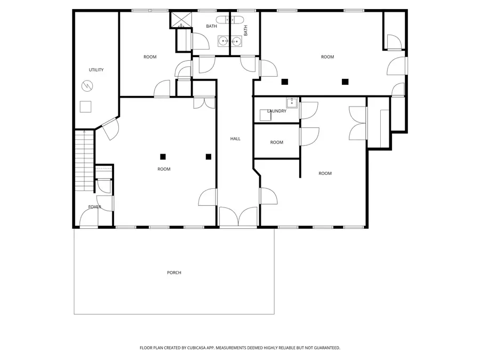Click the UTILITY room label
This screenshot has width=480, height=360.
(96, 70)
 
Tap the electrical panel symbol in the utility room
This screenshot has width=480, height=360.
(86, 85)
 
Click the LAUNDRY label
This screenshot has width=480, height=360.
(277, 111)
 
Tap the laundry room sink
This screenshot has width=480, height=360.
(291, 102)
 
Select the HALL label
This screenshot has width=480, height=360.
(235, 139)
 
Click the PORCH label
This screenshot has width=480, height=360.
(174, 273)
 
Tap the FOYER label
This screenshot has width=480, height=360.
(95, 207)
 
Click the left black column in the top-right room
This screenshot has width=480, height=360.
(285, 82)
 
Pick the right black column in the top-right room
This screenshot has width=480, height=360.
(345, 82)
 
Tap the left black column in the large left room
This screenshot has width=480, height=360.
(163, 156)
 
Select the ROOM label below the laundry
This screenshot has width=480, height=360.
(276, 142)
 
